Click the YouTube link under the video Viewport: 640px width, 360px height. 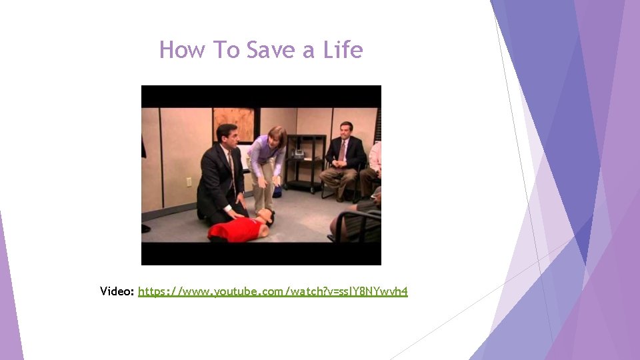[273, 291]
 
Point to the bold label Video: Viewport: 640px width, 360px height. [117, 291]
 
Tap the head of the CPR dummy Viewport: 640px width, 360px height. [265, 216]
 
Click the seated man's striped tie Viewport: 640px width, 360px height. [343, 151]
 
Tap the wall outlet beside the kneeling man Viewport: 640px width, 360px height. [189, 181]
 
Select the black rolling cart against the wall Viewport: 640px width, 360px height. [305, 163]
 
